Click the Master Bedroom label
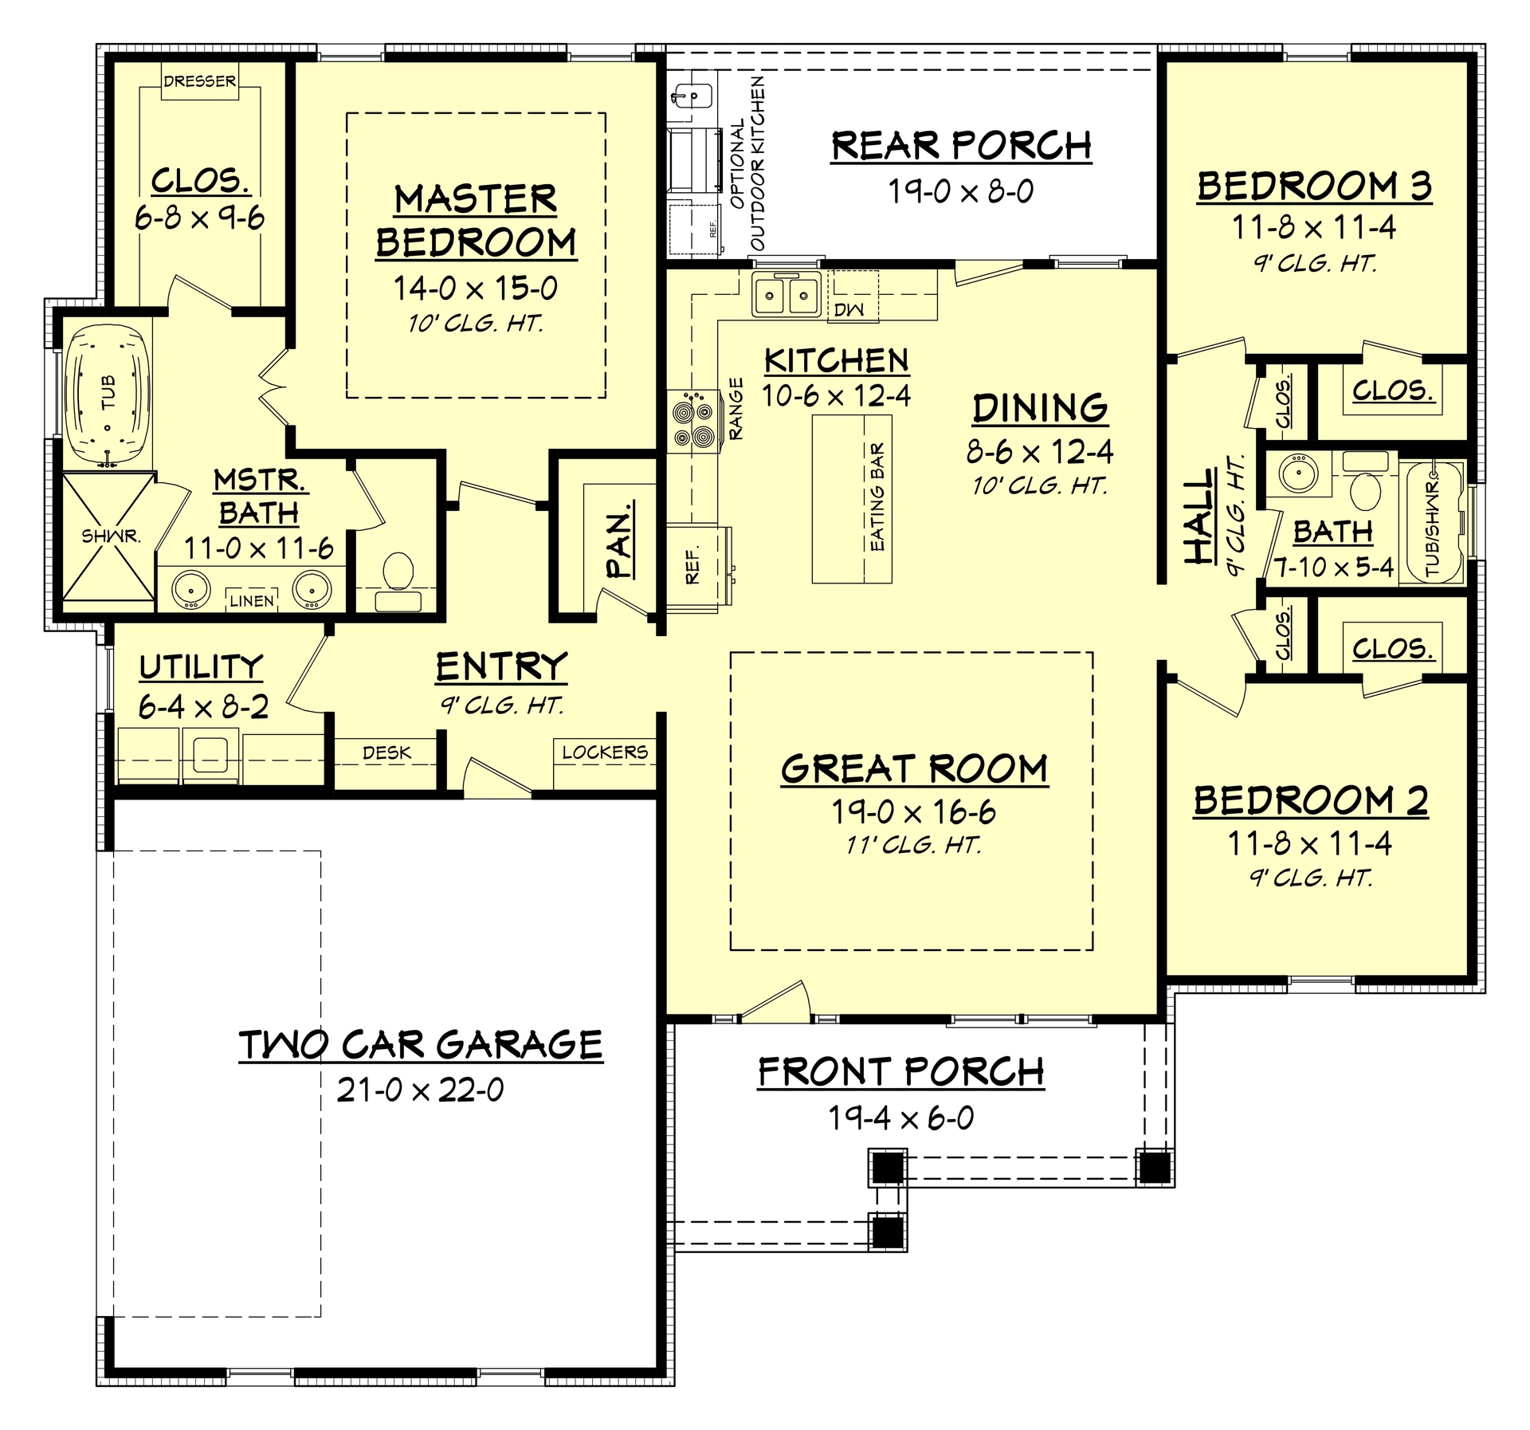point(476,221)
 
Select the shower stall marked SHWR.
point(108,536)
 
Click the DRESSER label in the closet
point(199,81)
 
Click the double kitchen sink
point(786,297)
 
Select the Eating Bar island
point(852,498)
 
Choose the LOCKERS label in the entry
point(605,752)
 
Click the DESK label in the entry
point(386,752)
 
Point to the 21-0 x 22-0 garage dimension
point(420,1090)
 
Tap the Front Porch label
point(900,1072)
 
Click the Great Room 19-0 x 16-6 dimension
point(913,812)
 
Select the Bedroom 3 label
point(1314,186)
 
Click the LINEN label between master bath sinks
point(252,601)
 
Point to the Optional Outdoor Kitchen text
point(747,163)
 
